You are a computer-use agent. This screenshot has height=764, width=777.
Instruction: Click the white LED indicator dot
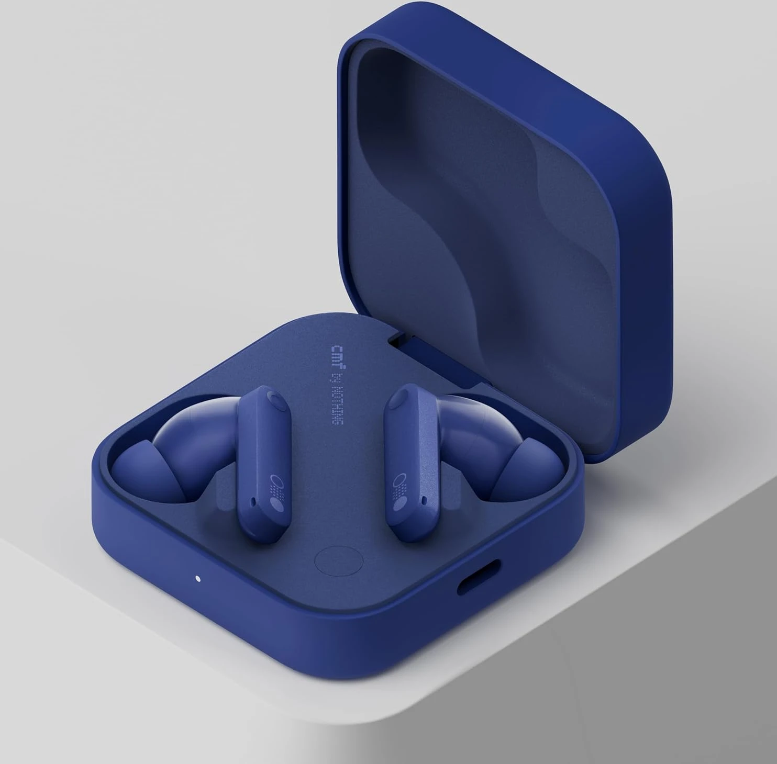(198, 579)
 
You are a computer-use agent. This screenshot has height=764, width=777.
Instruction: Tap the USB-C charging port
(479, 577)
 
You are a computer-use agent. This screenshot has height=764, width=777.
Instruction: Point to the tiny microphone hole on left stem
(254, 500)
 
